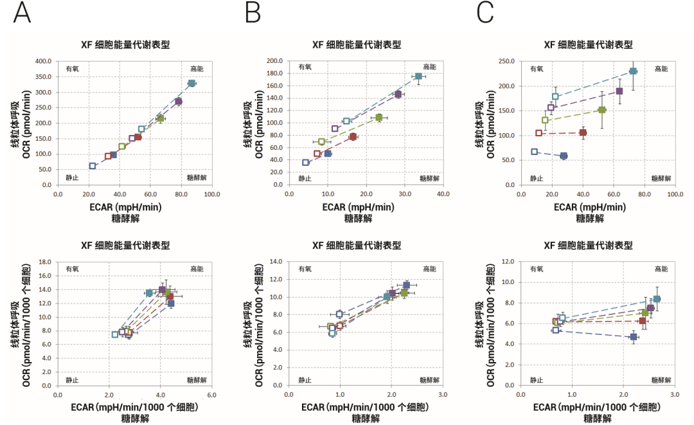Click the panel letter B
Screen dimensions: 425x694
[x=253, y=13]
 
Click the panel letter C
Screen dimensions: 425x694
[x=485, y=13]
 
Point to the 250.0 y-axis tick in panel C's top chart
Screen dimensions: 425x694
[x=506, y=62]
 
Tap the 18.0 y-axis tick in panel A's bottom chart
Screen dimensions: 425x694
[x=45, y=262]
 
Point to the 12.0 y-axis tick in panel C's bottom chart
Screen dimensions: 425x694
[x=508, y=262]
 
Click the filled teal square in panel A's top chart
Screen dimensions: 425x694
[x=191, y=84]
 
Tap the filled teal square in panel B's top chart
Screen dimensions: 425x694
[x=418, y=77]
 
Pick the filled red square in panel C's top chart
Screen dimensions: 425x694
[x=583, y=133]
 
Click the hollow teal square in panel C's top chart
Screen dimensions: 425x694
[x=555, y=97]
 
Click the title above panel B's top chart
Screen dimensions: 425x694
[x=357, y=45]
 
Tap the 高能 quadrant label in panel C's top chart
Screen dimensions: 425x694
[x=661, y=69]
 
